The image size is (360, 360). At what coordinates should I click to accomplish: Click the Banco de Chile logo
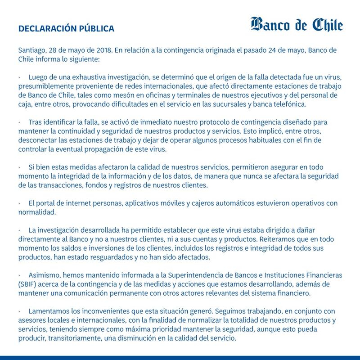pos(297,25)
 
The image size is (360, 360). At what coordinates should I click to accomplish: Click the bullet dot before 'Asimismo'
pos(20,274)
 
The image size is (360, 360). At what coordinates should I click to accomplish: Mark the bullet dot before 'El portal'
pos(20,202)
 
